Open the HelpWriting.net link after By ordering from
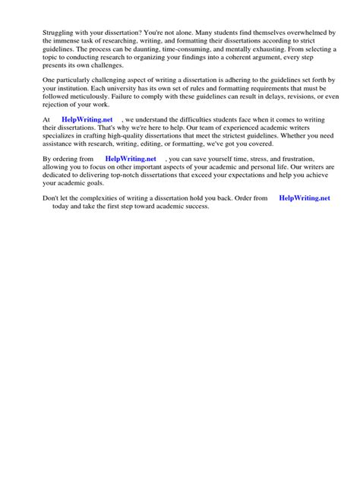(131, 159)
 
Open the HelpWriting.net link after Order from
(305, 197)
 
